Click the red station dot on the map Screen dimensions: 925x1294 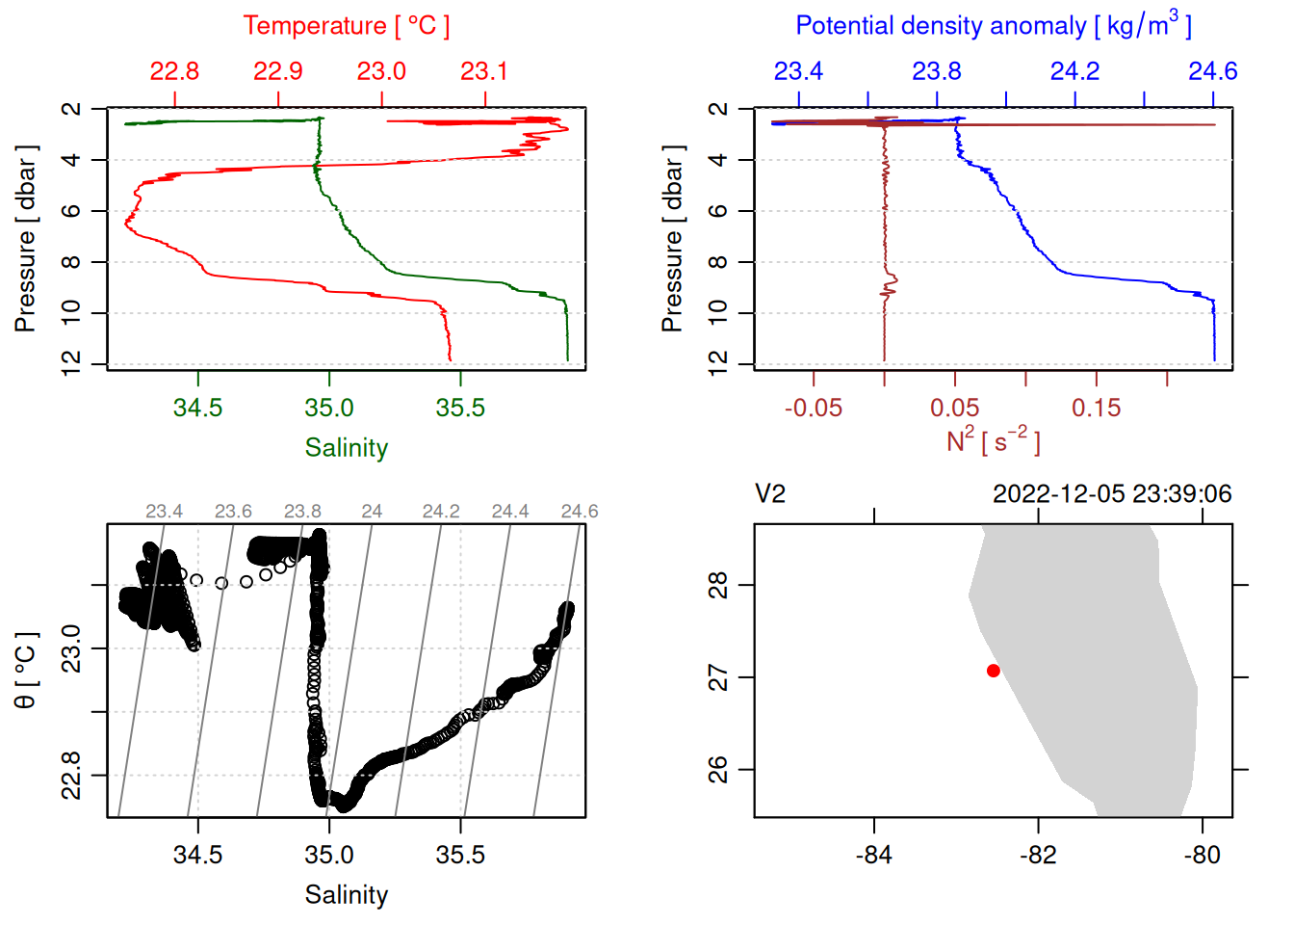993,671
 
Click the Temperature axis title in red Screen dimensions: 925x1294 346,26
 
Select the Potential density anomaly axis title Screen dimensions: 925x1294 993,25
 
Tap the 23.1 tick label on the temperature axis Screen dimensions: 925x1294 484,71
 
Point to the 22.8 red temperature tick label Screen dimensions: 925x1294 174,71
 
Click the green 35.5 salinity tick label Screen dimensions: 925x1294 460,408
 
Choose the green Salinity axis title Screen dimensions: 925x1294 346,448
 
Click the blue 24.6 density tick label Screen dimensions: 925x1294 1212,71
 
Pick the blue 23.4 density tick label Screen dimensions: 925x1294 798,71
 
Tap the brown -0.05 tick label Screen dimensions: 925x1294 813,408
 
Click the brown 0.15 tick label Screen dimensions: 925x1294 1096,408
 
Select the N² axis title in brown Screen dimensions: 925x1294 993,440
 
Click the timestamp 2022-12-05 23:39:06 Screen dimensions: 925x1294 1111,494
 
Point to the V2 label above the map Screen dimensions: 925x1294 770,494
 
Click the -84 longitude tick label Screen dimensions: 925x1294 874,855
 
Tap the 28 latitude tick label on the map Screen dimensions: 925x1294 718,585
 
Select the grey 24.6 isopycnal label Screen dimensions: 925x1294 579,512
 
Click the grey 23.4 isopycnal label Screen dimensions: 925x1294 164,512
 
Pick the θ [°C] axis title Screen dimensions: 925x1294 26,671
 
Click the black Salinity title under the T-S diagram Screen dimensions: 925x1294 346,895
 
